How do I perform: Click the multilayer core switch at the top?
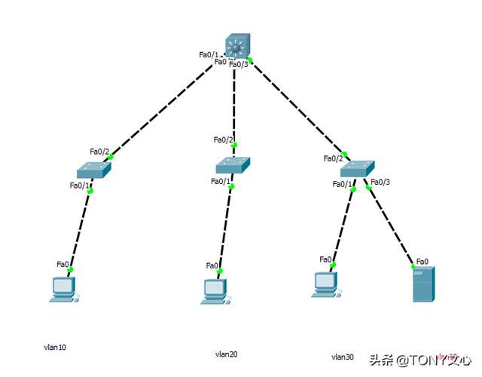[x=238, y=47]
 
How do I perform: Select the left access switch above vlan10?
[x=93, y=170]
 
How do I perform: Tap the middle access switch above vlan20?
[x=233, y=165]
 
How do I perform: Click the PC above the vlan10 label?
[x=63, y=290]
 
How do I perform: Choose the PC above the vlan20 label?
[x=214, y=291]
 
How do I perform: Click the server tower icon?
[x=423, y=284]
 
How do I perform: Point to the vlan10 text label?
[x=55, y=348]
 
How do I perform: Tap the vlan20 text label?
[x=226, y=354]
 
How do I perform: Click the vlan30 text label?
[x=343, y=356]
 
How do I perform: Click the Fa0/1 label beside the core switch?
[x=209, y=54]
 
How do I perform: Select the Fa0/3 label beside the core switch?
[x=239, y=64]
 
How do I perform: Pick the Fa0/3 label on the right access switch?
[x=380, y=182]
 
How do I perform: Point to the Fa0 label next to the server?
[x=423, y=262]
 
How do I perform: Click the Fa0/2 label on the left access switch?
[x=99, y=152]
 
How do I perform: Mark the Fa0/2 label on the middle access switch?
[x=224, y=139]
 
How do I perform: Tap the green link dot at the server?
[x=413, y=266]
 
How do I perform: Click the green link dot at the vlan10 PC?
[x=69, y=269]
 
